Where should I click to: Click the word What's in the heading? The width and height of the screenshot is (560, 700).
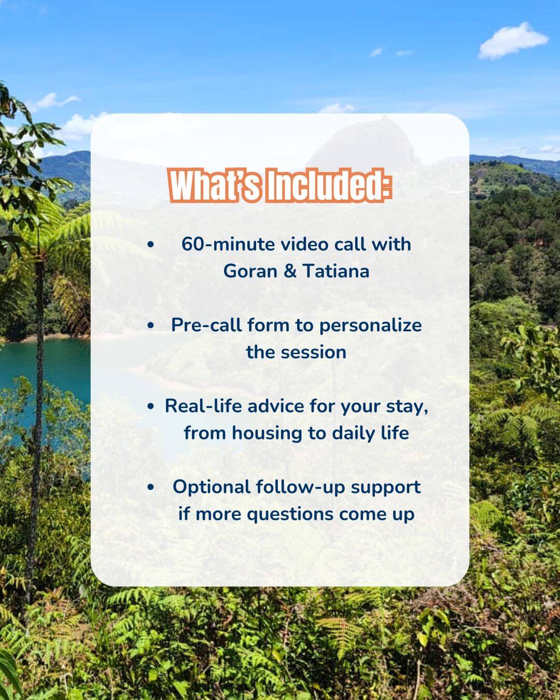point(215,186)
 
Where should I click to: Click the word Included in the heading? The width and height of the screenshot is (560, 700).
point(327,186)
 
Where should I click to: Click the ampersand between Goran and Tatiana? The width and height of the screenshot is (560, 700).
point(290,271)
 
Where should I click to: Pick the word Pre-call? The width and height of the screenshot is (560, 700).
point(206,325)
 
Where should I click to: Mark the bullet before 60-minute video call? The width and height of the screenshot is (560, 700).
point(150,244)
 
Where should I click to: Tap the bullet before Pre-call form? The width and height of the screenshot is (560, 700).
point(150,325)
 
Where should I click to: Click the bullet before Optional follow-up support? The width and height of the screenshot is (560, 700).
point(150,487)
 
